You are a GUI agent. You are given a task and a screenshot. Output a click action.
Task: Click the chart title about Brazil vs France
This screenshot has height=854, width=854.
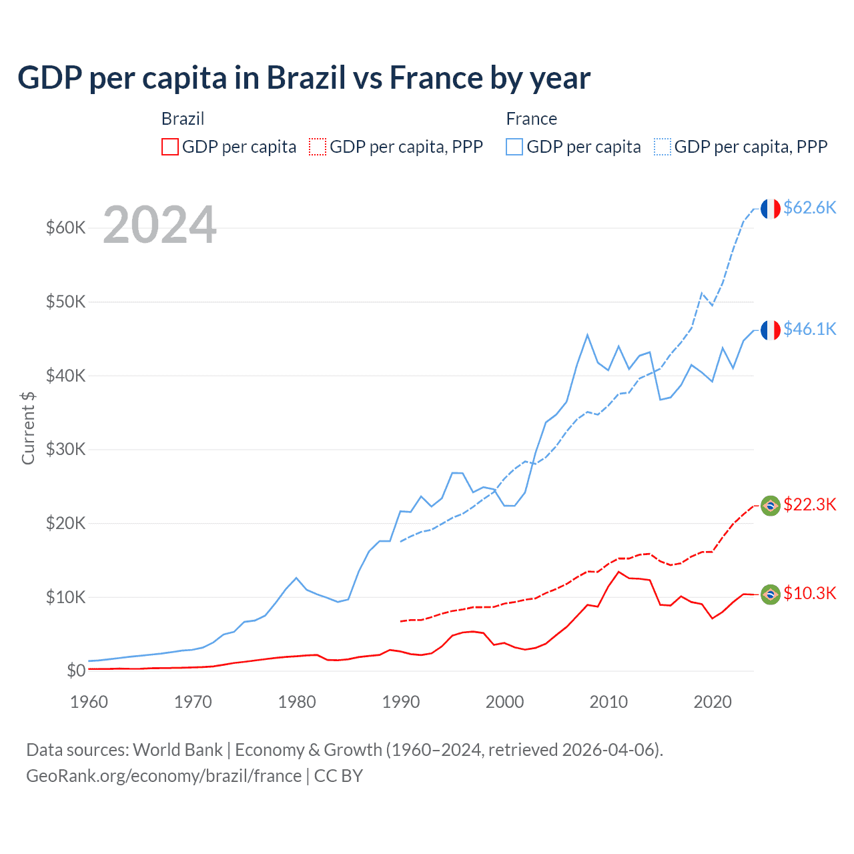point(304,78)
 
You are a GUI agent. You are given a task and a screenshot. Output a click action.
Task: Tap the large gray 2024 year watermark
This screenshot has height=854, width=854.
point(159,225)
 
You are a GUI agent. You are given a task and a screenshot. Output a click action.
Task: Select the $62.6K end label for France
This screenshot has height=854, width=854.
point(809,207)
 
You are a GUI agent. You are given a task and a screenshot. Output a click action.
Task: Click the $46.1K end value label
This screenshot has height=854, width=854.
point(809,329)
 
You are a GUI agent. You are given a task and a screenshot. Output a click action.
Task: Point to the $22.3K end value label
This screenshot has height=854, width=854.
point(809,504)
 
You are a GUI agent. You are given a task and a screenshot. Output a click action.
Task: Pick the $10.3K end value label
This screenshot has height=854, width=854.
point(809,593)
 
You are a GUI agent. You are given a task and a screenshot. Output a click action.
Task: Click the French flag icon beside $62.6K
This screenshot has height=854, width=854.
point(771,209)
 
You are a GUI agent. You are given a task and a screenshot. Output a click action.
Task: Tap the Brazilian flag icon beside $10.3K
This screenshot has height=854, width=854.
point(771,594)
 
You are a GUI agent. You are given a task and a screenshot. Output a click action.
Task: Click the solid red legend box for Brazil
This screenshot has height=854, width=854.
point(170,147)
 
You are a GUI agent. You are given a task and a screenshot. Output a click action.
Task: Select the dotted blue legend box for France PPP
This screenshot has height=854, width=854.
point(663,147)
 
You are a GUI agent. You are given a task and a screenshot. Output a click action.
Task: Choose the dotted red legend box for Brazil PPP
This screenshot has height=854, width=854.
point(318,147)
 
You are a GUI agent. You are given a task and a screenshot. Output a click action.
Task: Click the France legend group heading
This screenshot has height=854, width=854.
point(531,119)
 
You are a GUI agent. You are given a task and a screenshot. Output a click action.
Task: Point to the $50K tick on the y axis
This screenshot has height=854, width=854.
point(65,302)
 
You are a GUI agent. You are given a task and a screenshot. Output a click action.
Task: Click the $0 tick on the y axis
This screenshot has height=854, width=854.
point(75,671)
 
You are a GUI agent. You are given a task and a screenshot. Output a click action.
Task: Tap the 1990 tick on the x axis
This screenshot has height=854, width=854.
point(401,702)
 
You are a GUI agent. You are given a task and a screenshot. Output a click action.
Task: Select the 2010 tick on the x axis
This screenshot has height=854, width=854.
point(608,702)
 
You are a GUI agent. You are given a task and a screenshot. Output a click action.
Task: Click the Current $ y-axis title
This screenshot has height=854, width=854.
point(28,428)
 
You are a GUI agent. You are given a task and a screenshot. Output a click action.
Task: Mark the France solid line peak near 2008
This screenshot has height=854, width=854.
point(587,335)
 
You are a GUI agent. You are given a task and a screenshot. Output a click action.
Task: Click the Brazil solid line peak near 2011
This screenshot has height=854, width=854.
point(619,572)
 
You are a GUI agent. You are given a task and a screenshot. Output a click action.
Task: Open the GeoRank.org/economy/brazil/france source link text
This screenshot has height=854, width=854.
point(163,776)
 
